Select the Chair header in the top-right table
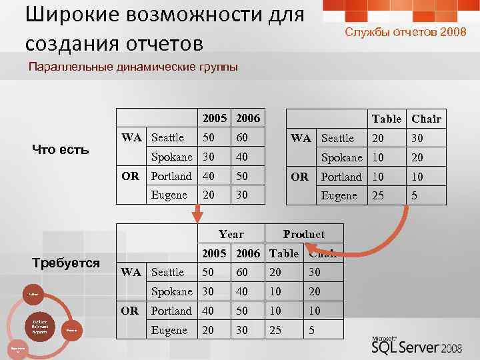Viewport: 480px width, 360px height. pyautogui.click(x=426, y=119)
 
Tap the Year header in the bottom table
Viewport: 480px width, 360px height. pyautogui.click(x=231, y=234)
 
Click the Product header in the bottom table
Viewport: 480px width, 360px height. pyautogui.click(x=303, y=234)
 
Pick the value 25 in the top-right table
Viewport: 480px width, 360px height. pyautogui.click(x=378, y=196)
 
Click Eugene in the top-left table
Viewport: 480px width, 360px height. pyautogui.click(x=169, y=195)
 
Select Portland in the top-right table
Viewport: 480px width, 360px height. pyautogui.click(x=341, y=177)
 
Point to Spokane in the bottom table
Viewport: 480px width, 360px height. pyautogui.click(x=171, y=291)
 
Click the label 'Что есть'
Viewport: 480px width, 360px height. pyautogui.click(x=61, y=149)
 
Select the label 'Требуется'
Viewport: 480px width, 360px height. pyautogui.click(x=65, y=263)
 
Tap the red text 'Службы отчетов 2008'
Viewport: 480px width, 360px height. pyautogui.click(x=401, y=32)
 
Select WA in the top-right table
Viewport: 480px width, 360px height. pyautogui.click(x=301, y=138)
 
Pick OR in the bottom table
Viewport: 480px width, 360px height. pyautogui.click(x=130, y=311)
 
